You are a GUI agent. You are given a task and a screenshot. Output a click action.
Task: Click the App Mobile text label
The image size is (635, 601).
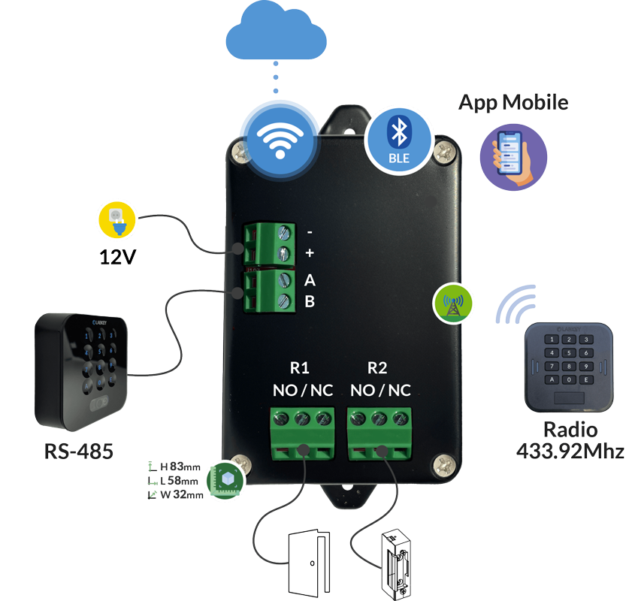[x=513, y=102]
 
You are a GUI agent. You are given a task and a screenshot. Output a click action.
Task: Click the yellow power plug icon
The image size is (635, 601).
[x=117, y=219]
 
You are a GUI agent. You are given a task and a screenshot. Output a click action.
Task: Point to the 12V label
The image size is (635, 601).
[x=117, y=258]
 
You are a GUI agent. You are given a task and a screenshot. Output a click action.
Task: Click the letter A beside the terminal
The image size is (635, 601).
[x=310, y=281]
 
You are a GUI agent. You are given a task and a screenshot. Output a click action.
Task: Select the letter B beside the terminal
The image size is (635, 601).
[x=310, y=302]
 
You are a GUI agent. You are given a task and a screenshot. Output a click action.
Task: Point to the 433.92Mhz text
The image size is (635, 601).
[x=570, y=451]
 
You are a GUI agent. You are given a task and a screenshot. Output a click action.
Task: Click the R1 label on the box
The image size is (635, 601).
[x=299, y=368]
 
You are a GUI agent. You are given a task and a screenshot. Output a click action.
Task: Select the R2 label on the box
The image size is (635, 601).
[x=377, y=368]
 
